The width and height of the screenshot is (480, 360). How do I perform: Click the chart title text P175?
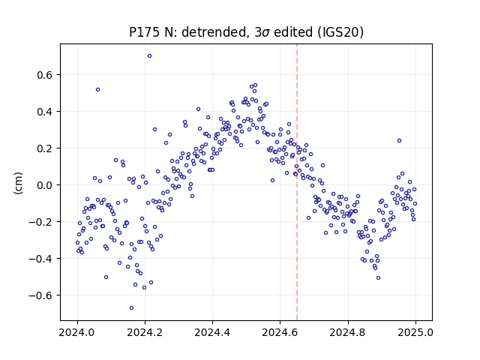[x=145, y=32]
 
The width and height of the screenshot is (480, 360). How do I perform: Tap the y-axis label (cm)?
[x=18, y=183]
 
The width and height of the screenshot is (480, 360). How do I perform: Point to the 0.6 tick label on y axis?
[x=46, y=75]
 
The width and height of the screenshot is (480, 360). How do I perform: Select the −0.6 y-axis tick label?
[x=41, y=295]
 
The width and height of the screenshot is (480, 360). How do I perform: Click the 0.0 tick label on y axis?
[x=46, y=185]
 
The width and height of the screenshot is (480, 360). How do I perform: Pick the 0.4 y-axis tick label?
[x=46, y=112]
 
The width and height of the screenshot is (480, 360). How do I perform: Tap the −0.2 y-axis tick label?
[x=41, y=222]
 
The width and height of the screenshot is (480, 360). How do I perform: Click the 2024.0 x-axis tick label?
[x=77, y=332]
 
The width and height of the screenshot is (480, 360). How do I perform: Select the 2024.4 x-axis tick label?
[x=212, y=332]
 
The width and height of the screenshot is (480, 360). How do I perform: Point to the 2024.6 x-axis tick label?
[x=280, y=332]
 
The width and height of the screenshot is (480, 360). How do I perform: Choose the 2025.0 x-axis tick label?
[x=415, y=332]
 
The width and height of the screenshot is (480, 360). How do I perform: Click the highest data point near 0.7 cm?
[x=149, y=56]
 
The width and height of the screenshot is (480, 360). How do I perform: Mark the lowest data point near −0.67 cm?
[x=132, y=308]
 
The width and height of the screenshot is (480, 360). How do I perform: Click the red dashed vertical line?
[x=297, y=182]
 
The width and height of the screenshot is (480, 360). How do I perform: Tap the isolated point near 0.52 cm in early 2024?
[x=97, y=90]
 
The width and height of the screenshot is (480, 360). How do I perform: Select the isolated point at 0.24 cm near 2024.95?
[x=399, y=141]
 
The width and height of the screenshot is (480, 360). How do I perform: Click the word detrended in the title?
[x=214, y=32]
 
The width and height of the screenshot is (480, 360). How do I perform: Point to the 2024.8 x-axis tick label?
[x=348, y=332]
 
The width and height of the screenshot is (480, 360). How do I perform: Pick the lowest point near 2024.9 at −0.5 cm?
[x=378, y=278]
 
